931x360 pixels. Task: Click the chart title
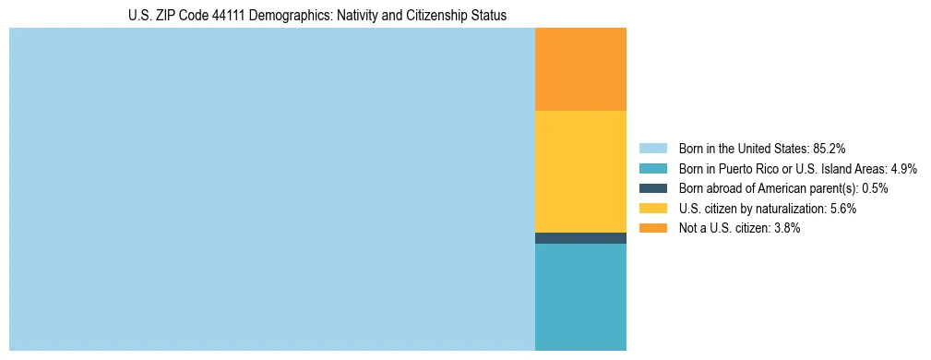316,16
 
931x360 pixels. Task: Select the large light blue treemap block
271,189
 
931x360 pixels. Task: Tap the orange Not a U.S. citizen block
580,69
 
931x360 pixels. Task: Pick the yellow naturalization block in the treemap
580,171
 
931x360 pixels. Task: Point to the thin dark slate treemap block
580,238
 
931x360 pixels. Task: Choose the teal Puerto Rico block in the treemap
580,296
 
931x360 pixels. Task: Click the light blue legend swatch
652,148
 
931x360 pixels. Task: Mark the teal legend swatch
652,168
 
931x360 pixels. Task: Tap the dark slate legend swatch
652,188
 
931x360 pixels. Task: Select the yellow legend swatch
652,209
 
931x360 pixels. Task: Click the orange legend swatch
652,228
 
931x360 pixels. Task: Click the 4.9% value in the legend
903,168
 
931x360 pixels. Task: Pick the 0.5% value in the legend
876,188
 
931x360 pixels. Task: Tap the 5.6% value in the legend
842,209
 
